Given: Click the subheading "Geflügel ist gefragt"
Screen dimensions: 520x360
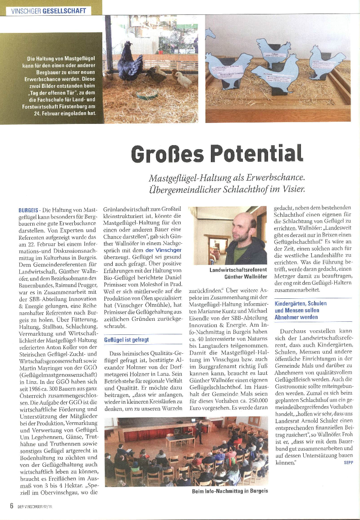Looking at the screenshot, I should (x=126, y=339).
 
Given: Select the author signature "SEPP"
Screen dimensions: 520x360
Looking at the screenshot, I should (x=347, y=462).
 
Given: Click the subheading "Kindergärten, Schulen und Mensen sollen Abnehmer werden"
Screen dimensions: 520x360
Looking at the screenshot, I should (x=301, y=310).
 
